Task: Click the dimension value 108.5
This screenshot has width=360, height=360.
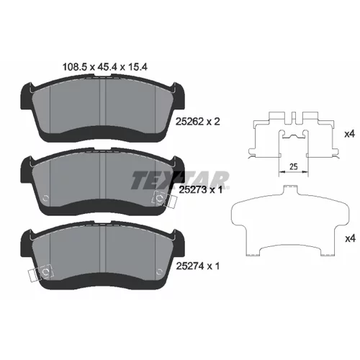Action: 74,67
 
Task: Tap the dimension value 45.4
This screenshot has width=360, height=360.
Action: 107,67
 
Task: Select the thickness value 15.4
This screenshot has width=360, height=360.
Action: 137,67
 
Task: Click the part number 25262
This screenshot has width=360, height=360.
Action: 189,122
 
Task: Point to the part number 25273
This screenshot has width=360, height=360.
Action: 193,190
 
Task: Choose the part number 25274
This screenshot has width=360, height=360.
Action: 190,266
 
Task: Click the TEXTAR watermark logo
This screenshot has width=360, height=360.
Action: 180,180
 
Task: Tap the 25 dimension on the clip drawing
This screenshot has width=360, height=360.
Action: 293,166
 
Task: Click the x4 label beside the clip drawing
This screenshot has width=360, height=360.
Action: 349,135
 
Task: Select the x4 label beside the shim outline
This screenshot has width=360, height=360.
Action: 350,239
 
